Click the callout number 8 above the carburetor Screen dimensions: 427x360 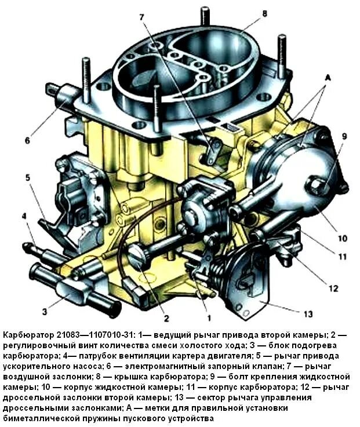[x=264, y=13]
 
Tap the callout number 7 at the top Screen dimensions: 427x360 [x=141, y=17]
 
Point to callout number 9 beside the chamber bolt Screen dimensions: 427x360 [x=343, y=137]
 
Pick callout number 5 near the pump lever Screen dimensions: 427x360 [x=27, y=177]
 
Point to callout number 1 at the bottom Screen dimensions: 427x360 [x=209, y=317]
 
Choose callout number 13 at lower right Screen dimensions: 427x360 [x=308, y=313]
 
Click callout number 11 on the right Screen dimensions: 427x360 [x=343, y=256]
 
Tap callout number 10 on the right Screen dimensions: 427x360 [x=343, y=238]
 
